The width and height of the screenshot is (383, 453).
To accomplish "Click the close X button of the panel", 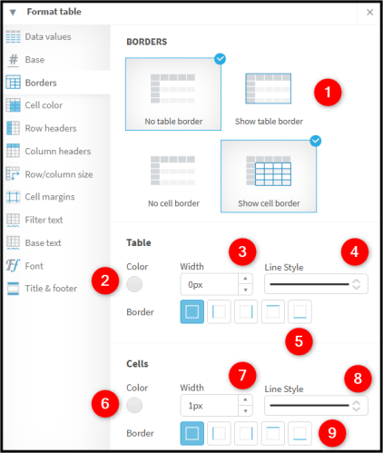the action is (369, 12).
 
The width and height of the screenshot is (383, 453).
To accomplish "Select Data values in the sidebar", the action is (38, 36).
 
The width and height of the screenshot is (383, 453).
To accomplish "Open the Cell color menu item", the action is (34, 105).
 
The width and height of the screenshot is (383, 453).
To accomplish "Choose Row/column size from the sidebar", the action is (49, 174).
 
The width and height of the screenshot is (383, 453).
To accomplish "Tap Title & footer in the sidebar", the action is (42, 288).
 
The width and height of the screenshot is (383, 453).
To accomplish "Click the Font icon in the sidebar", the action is (13, 265).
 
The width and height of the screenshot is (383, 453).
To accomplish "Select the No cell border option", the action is (173, 181).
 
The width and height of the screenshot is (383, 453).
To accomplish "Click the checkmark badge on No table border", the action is (220, 59).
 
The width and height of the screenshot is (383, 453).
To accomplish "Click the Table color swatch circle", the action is (134, 284).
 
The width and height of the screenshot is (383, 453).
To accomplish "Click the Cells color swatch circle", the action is (134, 405).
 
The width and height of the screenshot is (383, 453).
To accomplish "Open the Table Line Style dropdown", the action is (316, 284).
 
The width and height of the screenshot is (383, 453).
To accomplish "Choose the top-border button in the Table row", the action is (272, 311).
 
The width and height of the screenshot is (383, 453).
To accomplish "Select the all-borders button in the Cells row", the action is (192, 433).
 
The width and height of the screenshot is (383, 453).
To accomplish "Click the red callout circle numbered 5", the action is (299, 341).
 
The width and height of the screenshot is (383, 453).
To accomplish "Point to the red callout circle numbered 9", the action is (332, 433).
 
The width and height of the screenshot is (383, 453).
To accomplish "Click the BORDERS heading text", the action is (147, 42).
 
